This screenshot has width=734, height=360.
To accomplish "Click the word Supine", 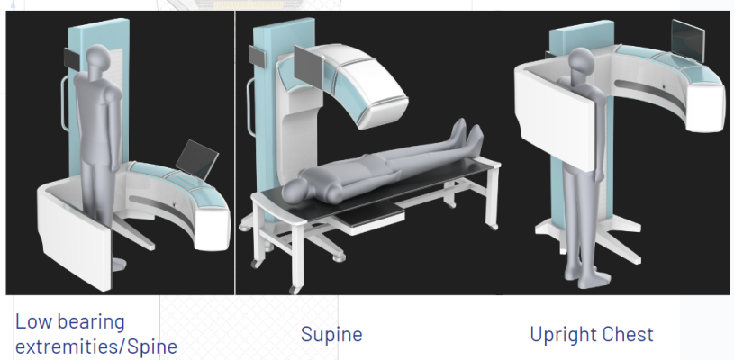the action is pos(331,335).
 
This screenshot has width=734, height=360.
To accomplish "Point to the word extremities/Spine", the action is pos(96,346).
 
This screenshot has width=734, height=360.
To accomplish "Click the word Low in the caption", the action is pos(33,321).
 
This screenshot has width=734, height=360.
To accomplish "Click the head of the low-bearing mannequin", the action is pos(98,58).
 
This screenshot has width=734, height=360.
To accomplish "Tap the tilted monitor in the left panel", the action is pos(197,159).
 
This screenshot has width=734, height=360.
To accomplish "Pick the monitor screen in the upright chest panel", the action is pos(688,40).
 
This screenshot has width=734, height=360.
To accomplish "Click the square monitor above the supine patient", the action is pos(309,67).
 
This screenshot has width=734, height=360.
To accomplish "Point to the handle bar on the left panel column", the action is pos(65,103).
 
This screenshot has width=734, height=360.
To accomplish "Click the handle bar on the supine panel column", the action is pos(250,107).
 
